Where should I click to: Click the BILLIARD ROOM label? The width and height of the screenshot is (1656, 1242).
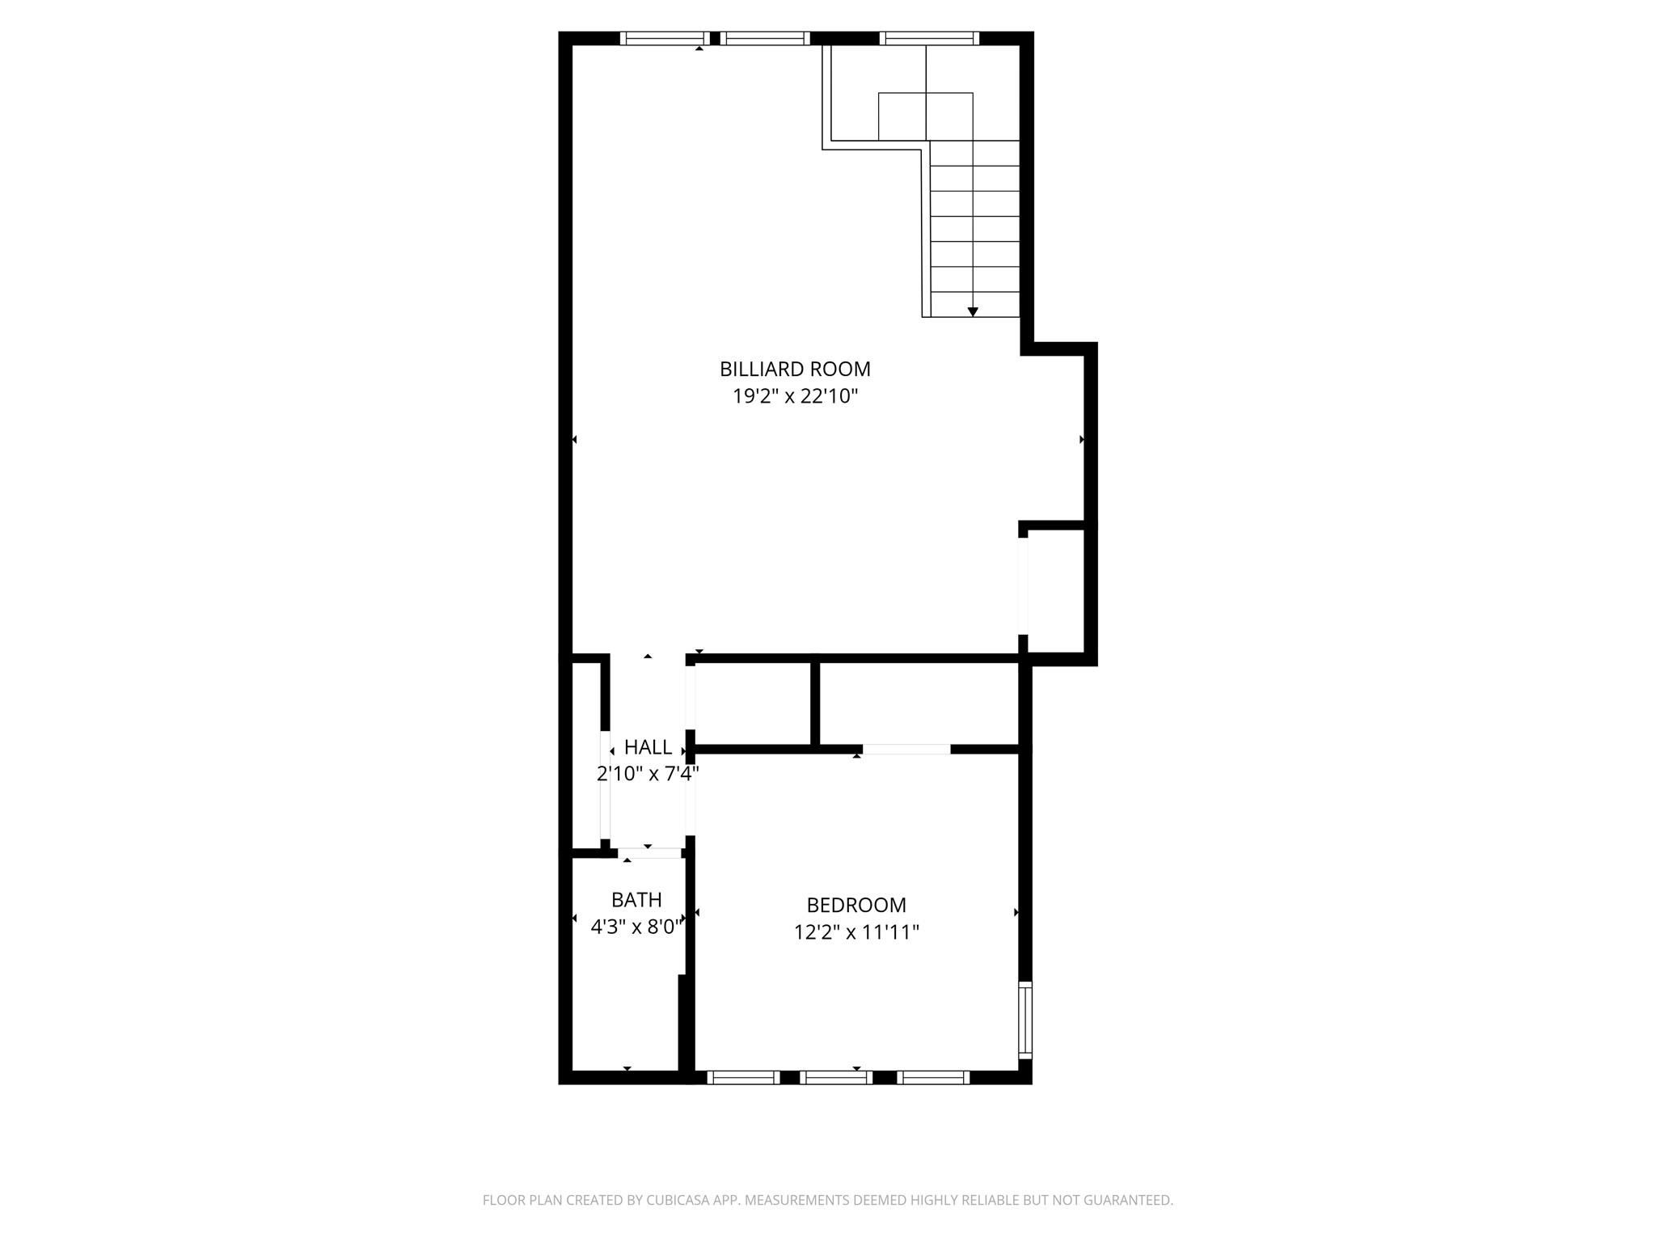tap(795, 369)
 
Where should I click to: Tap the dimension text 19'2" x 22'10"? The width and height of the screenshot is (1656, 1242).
tap(795, 396)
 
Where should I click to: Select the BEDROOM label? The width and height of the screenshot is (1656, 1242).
tap(856, 905)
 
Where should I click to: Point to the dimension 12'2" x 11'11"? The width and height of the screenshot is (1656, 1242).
tap(856, 932)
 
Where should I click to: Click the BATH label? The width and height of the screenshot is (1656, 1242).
tap(636, 899)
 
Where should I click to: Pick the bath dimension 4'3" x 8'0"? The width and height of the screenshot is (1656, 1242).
tap(636, 927)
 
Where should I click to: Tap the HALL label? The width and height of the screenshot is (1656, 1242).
tap(648, 747)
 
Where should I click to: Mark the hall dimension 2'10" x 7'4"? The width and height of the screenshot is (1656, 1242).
tap(648, 774)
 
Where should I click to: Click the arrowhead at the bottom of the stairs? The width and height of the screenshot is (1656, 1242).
tap(973, 311)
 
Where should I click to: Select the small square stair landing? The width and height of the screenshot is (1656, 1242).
tap(925, 116)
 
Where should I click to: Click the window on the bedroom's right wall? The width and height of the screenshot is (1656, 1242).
tap(1024, 1020)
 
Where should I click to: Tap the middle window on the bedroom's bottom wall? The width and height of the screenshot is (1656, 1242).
tap(836, 1076)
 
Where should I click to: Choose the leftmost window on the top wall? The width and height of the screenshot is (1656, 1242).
tap(664, 38)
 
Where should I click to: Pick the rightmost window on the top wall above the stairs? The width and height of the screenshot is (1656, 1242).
tap(929, 38)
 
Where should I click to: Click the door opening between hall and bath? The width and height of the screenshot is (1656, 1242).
tap(649, 852)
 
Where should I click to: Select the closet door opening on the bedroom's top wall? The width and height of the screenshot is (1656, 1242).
tap(906, 749)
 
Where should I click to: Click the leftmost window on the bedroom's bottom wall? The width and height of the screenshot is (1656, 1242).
tap(742, 1076)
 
